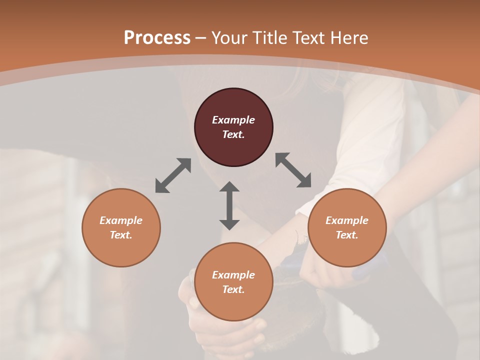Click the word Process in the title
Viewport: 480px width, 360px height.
coord(157,38)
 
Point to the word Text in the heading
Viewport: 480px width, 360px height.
coord(308,38)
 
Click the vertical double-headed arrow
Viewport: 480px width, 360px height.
coord(229,205)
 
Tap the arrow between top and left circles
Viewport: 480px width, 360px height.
coord(173,175)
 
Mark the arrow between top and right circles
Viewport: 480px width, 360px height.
coord(293,170)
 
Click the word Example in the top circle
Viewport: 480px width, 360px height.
coord(233,120)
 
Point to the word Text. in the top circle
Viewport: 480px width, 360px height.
coord(233,134)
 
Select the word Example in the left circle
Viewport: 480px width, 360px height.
coord(121,220)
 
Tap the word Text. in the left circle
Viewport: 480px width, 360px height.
coord(121,235)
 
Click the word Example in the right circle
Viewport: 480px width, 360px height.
coord(347,220)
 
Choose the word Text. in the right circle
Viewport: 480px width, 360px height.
coord(347,235)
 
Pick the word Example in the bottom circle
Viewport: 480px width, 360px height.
coord(233,275)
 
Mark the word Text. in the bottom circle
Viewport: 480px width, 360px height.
coord(233,289)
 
